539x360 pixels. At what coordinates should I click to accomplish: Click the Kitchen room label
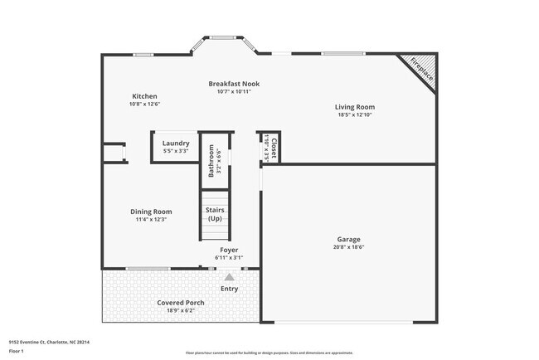145,95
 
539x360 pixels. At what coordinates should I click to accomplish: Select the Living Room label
355,106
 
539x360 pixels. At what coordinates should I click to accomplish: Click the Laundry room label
176,143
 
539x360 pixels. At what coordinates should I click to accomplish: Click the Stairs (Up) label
215,214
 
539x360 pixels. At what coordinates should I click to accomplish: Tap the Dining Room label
151,212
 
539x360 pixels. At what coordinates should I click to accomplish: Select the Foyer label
229,250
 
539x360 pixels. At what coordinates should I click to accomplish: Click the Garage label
348,239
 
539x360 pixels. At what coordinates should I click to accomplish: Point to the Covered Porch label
181,303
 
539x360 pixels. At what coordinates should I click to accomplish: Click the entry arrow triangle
230,278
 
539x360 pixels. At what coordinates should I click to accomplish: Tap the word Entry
229,289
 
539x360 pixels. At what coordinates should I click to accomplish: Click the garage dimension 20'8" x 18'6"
348,246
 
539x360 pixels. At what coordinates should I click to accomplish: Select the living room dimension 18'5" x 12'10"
355,114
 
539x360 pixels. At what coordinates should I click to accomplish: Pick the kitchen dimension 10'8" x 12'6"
145,104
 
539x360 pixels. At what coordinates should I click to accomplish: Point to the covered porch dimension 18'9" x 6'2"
181,311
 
